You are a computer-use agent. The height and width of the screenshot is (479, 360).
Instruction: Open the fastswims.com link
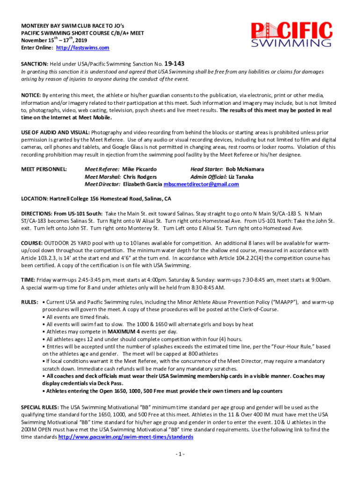[83, 48]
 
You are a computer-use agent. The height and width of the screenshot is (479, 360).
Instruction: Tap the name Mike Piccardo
[139, 169]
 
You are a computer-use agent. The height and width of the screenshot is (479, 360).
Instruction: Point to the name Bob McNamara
[245, 169]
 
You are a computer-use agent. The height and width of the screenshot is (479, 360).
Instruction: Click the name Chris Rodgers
[140, 177]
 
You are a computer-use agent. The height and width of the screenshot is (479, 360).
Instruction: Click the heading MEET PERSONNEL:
[44, 169]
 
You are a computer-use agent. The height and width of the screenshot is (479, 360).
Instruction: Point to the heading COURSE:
[32, 243]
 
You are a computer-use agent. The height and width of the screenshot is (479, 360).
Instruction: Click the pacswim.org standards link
[125, 437]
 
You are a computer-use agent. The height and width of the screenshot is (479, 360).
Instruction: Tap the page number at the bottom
[180, 454]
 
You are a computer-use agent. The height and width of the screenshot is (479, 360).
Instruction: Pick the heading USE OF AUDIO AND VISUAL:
[56, 132]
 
